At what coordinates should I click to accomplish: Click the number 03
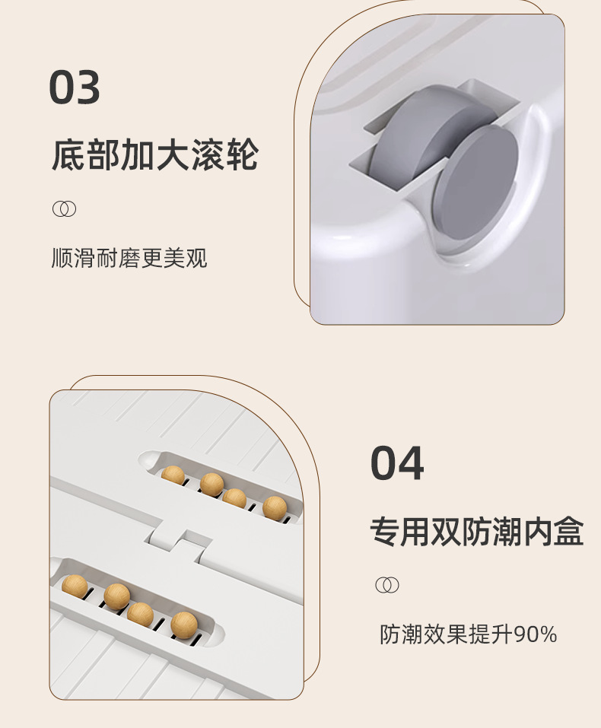75,88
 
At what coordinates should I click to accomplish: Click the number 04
396,463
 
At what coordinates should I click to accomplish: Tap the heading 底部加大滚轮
155,155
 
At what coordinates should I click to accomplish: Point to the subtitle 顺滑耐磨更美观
129,258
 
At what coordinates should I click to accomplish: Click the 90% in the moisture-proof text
535,634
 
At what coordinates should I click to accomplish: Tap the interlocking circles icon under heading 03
64,209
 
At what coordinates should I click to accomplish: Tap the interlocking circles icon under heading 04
387,585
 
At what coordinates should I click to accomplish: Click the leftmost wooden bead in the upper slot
173,475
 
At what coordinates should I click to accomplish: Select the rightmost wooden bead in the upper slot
275,507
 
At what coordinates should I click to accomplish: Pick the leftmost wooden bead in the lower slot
75,587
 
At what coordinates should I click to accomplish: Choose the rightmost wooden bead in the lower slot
184,625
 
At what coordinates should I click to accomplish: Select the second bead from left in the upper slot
211,484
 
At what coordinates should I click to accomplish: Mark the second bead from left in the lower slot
116,596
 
